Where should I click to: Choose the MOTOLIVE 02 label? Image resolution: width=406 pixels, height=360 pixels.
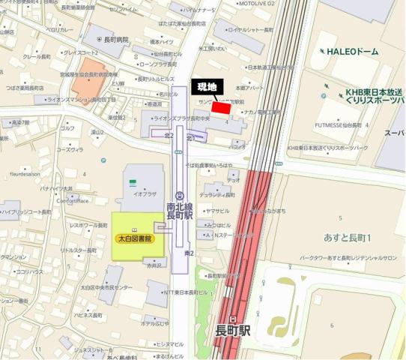tap(256, 4)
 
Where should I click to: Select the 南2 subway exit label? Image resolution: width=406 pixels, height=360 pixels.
tap(189, 254)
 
